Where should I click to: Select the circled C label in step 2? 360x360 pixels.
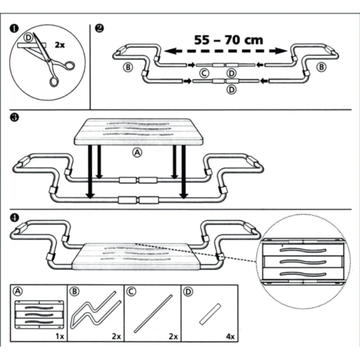point(204,73)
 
